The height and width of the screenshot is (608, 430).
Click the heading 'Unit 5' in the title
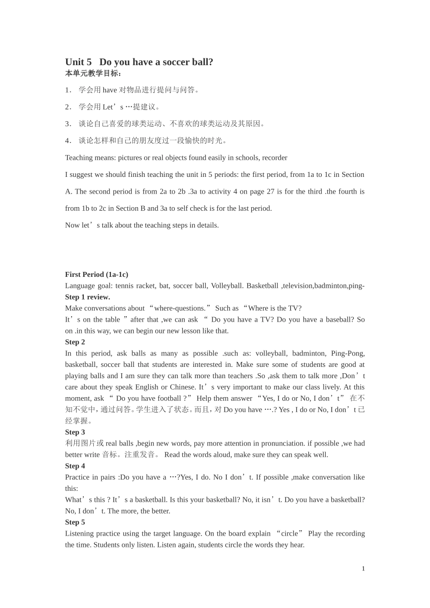(x=78, y=62)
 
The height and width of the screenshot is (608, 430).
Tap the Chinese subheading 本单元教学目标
(x=93, y=73)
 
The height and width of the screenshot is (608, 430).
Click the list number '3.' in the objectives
(x=68, y=124)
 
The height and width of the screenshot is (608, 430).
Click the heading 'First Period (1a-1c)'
(x=96, y=275)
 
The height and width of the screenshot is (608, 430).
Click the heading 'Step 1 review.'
(x=87, y=297)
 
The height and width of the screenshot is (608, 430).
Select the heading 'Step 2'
(x=75, y=342)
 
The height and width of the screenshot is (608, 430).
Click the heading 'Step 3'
(x=75, y=432)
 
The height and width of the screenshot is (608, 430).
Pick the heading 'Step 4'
(x=75, y=466)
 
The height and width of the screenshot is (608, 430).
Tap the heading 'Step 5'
(x=75, y=522)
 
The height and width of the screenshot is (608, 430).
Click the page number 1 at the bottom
(x=363, y=569)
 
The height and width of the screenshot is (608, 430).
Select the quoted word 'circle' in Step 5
(x=289, y=533)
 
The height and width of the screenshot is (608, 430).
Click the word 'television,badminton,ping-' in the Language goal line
(x=323, y=286)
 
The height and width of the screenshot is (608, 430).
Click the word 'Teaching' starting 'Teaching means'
(x=79, y=158)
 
